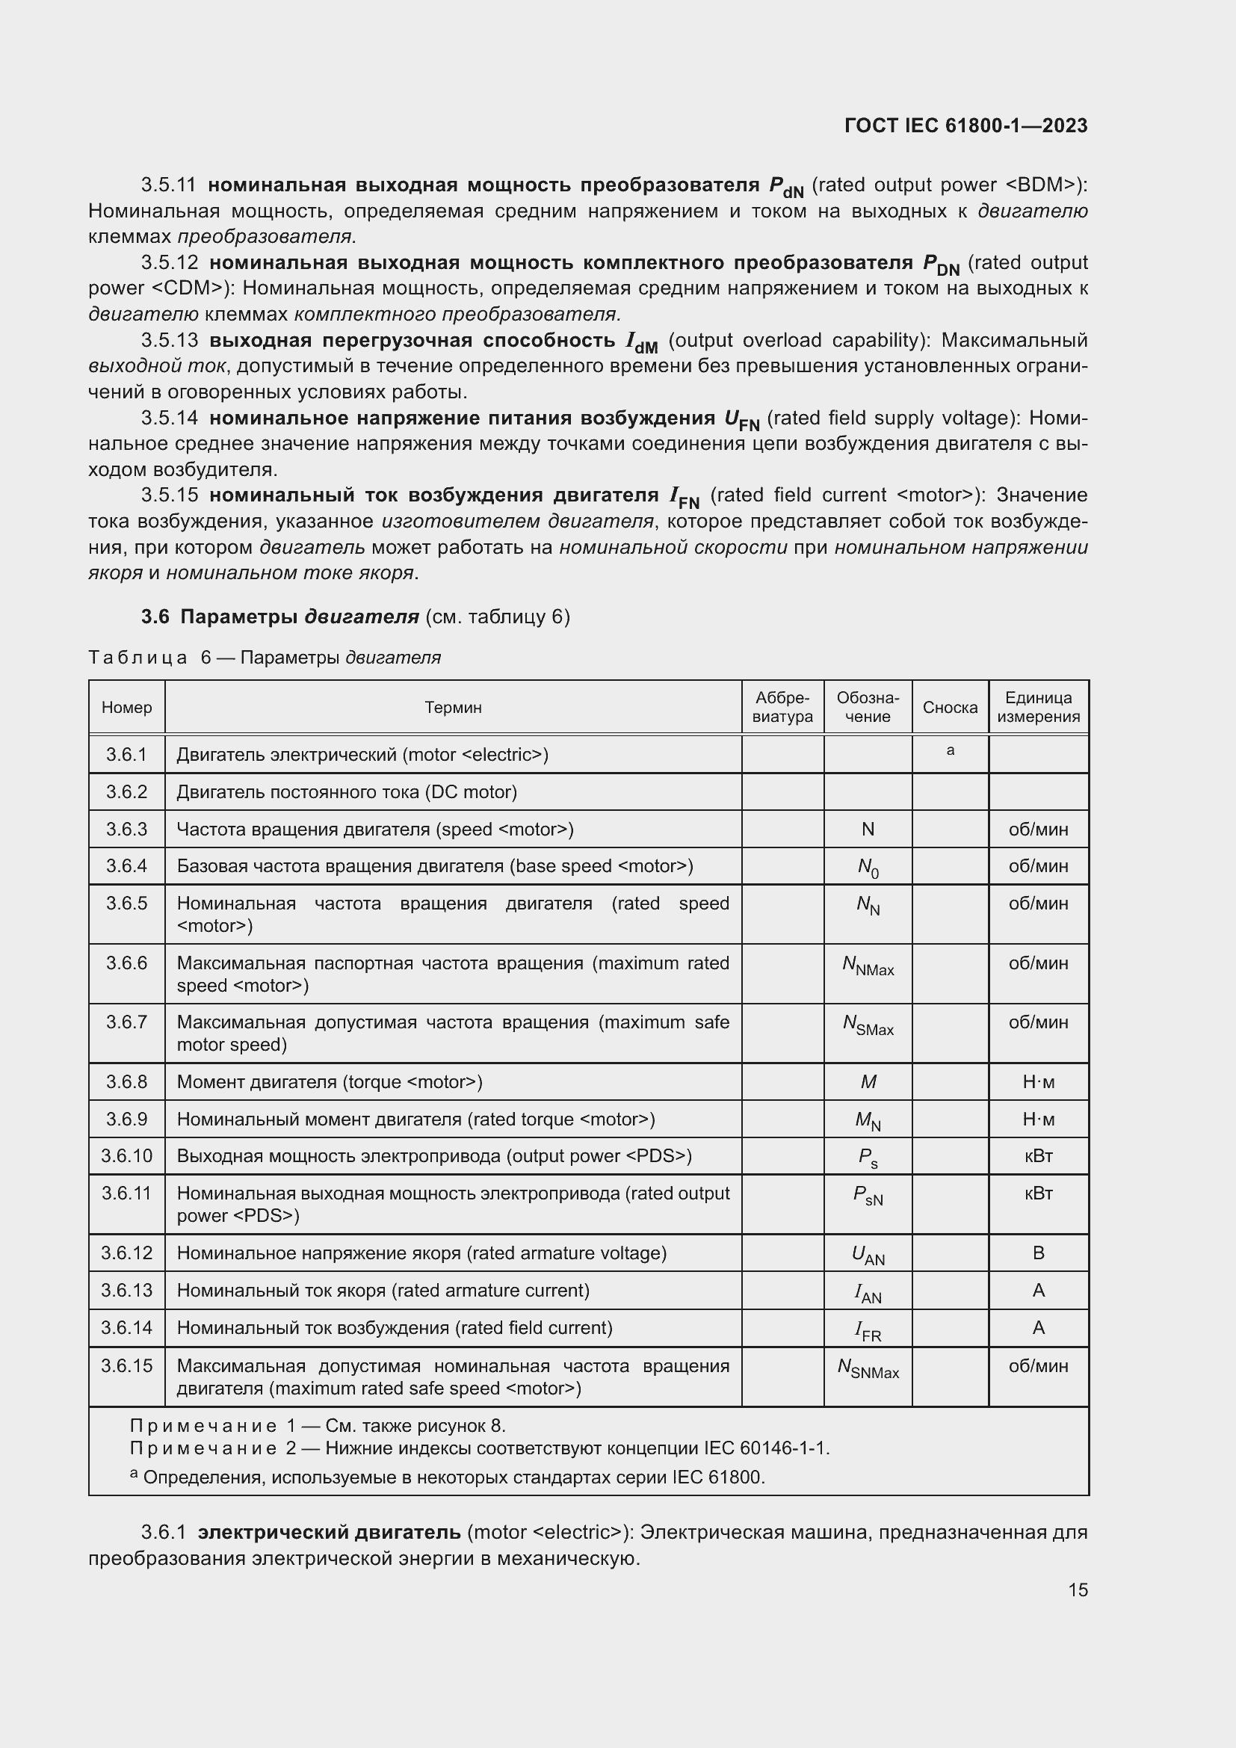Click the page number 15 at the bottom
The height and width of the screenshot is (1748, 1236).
pyautogui.click(x=1077, y=1590)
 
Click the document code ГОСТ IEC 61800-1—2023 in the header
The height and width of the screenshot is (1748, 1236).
pyautogui.click(x=965, y=126)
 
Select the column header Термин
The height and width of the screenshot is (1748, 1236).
pyautogui.click(x=453, y=707)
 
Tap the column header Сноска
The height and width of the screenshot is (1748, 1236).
pyautogui.click(x=950, y=707)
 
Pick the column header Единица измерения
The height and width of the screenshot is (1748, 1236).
pyautogui.click(x=1038, y=707)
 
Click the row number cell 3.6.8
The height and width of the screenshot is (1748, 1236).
pyautogui.click(x=126, y=1082)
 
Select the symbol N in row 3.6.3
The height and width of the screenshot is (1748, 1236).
pyautogui.click(x=868, y=829)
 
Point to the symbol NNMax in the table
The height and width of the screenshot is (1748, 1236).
pyautogui.click(x=868, y=966)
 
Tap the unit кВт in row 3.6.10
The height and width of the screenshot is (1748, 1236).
pyautogui.click(x=1038, y=1155)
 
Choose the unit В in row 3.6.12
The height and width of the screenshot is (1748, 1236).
pyautogui.click(x=1038, y=1253)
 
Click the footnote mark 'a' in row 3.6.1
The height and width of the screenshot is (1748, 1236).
pyautogui.click(x=950, y=750)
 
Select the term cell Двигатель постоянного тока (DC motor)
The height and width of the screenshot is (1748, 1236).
pyautogui.click(x=347, y=791)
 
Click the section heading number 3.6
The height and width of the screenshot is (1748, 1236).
pyautogui.click(x=155, y=617)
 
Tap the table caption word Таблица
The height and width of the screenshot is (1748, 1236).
pyautogui.click(x=137, y=658)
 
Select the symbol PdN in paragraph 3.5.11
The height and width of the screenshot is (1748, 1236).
pyautogui.click(x=786, y=187)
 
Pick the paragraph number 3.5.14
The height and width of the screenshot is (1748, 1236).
pyautogui.click(x=169, y=418)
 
